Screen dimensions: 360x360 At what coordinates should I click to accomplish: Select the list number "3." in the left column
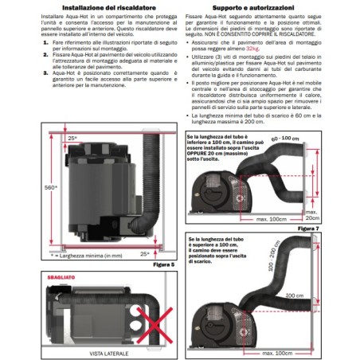(x=24, y=94)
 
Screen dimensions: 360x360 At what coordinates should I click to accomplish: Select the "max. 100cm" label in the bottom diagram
(x=297, y=351)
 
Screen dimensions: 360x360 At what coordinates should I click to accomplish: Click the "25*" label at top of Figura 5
(x=72, y=139)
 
